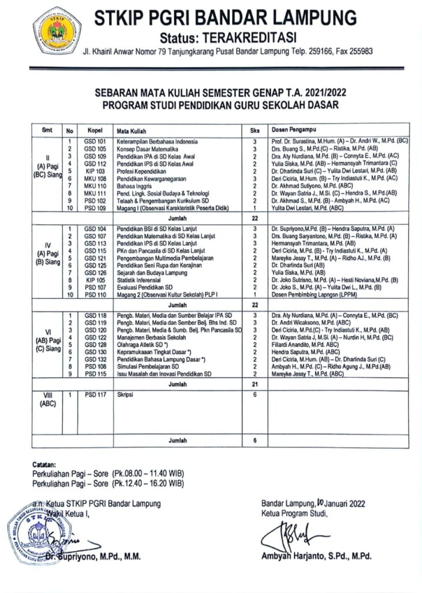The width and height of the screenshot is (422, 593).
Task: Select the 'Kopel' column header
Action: click(94, 130)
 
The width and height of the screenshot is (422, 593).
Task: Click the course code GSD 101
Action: click(94, 141)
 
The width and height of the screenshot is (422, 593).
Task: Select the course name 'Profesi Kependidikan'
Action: click(134, 171)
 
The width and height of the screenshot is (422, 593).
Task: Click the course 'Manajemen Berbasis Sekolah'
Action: click(142, 337)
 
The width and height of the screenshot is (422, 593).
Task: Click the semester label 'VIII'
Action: click(48, 396)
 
